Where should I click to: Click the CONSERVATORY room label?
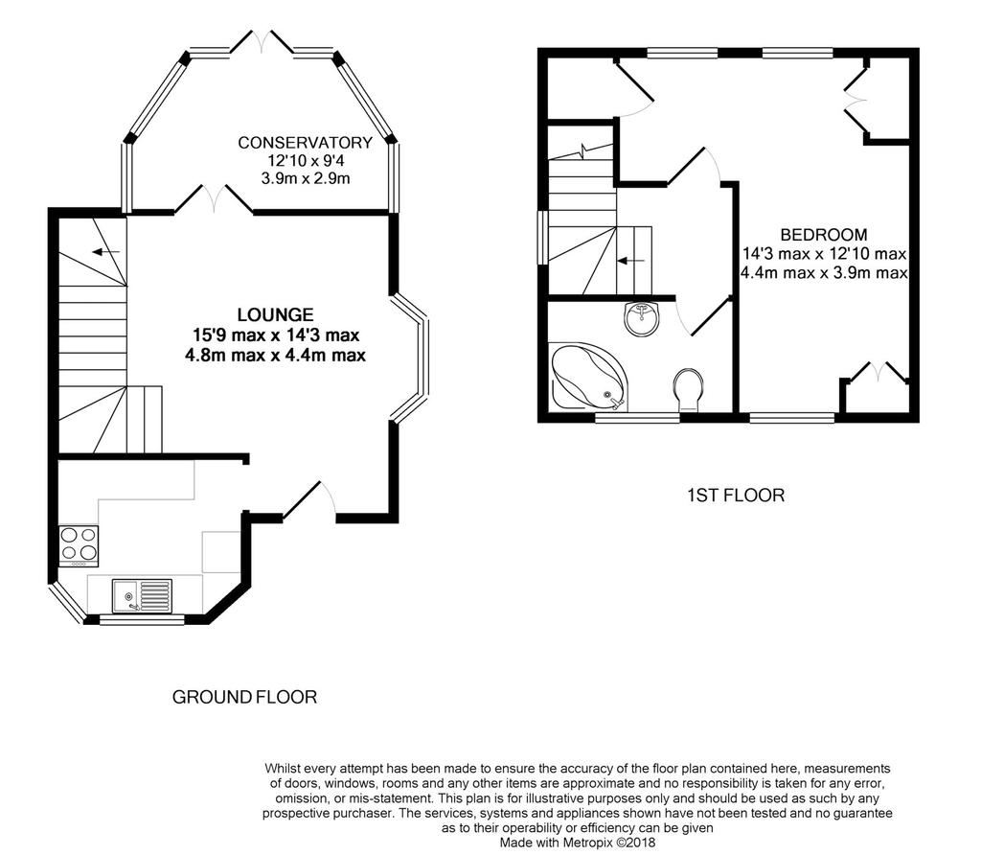pyautogui.click(x=305, y=143)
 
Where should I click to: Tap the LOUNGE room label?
pyautogui.click(x=275, y=314)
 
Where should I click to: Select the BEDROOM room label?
pyautogui.click(x=824, y=235)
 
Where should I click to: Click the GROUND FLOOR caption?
pyautogui.click(x=244, y=697)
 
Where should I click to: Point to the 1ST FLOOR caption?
pyautogui.click(x=736, y=496)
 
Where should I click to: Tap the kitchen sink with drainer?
pyautogui.click(x=142, y=596)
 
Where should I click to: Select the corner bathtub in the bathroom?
pyautogui.click(x=587, y=376)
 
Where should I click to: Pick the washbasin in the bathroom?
pyautogui.click(x=642, y=318)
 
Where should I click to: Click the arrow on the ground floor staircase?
pyautogui.click(x=105, y=252)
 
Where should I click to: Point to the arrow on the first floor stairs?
pyautogui.click(x=631, y=260)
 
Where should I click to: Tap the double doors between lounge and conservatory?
pyautogui.click(x=214, y=199)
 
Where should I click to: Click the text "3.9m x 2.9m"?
pyautogui.click(x=306, y=178)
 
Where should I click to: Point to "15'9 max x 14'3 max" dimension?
pyautogui.click(x=276, y=335)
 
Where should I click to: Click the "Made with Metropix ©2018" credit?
pyautogui.click(x=578, y=843)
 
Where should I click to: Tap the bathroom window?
pyautogui.click(x=637, y=418)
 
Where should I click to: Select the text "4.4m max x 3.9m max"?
pyautogui.click(x=824, y=273)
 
